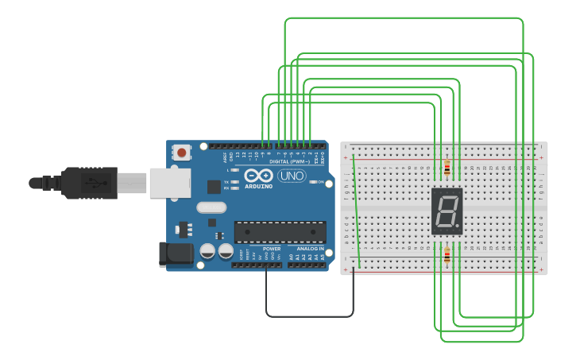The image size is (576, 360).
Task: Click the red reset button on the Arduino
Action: point(182,152)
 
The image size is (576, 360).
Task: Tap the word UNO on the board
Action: point(292,176)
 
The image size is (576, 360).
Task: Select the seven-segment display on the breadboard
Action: point(446,211)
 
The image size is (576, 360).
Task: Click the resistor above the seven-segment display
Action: point(446,168)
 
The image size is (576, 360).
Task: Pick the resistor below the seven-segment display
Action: point(446,256)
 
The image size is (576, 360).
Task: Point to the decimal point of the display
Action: point(458,228)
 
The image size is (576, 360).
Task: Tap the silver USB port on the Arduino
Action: point(169,183)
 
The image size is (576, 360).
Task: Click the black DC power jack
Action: point(176,254)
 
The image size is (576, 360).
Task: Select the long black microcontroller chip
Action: point(280,232)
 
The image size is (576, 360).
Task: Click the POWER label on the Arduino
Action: point(271,249)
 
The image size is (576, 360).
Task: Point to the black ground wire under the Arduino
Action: point(310,316)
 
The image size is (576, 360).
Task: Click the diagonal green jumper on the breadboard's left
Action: point(356,211)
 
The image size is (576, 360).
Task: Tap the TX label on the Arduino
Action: point(226,182)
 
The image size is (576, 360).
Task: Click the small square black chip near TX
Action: point(214,187)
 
